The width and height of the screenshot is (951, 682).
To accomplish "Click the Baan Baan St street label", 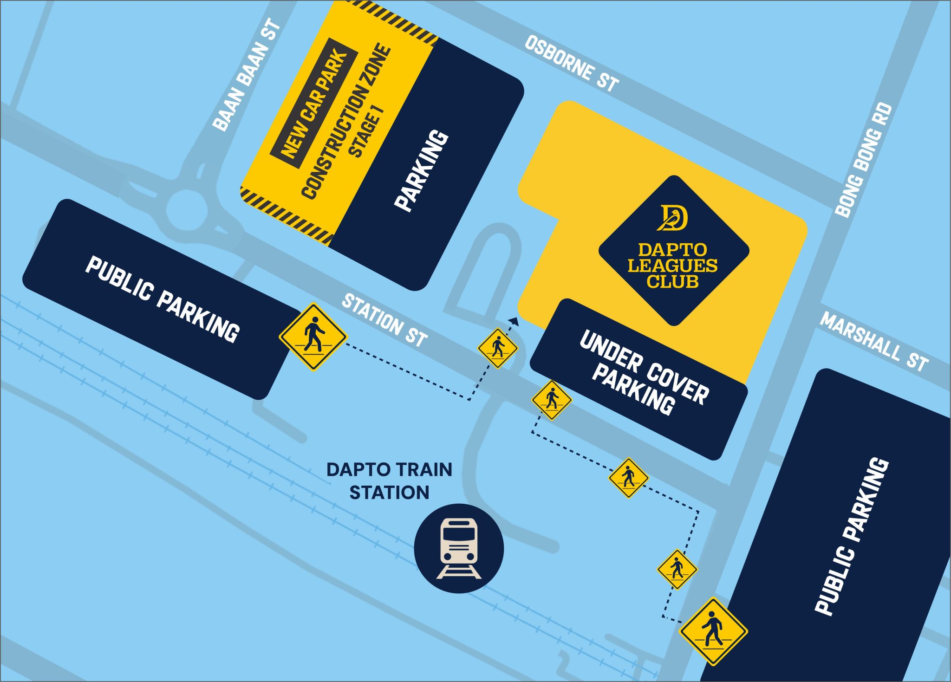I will point(247,75).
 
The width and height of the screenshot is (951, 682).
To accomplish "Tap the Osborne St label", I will point(572,64).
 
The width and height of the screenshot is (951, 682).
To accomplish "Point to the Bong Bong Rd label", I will point(864,160).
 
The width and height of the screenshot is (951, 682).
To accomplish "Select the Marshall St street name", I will point(874,342).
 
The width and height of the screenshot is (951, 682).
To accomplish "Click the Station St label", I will point(384,321).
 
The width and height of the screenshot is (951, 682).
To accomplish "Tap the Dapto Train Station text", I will point(389,481).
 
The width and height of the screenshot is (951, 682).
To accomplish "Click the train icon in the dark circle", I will point(459,548).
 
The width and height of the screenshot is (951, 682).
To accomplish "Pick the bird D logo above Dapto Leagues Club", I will point(672,217).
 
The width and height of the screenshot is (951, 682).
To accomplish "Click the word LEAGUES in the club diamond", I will point(672,266).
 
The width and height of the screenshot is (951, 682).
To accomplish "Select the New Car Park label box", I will point(314,103).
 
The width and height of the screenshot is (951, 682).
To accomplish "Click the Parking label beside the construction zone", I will point(422,170).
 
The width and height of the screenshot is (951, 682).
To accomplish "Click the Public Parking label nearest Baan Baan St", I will point(162,299).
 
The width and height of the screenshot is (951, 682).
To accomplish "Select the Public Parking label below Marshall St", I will point(852,537).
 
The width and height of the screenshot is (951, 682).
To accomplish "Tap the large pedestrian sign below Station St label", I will point(313,337).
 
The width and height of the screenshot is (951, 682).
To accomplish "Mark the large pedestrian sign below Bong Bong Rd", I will point(713,631).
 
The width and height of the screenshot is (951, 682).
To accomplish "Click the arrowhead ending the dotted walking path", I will point(513,320).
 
